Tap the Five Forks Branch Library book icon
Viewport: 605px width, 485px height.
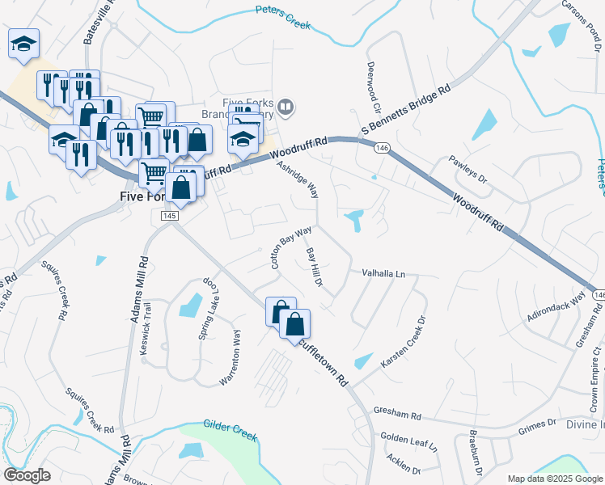pyautogui.click(x=286, y=107)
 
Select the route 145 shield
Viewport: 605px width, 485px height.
pyautogui.click(x=169, y=217)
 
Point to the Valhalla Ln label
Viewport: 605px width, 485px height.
pyautogui.click(x=383, y=274)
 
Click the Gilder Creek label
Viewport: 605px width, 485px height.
pyautogui.click(x=230, y=430)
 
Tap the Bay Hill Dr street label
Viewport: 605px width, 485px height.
pyautogui.click(x=315, y=267)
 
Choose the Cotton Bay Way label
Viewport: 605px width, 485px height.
pyautogui.click(x=290, y=247)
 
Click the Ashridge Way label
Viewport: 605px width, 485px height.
pyautogui.click(x=298, y=179)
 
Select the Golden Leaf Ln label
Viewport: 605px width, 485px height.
pyautogui.click(x=408, y=441)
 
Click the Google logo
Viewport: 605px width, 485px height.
pyautogui.click(x=27, y=475)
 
